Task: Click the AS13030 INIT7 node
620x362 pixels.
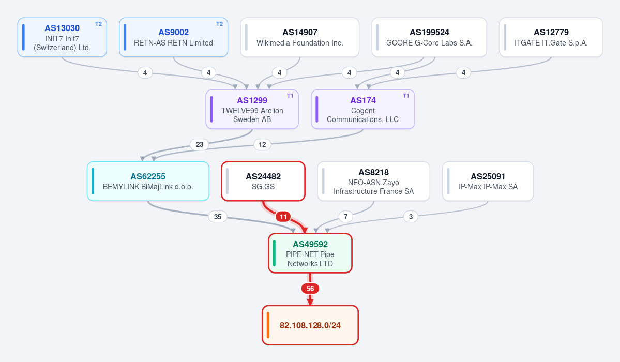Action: [62, 37]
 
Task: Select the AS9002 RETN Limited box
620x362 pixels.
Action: [174, 37]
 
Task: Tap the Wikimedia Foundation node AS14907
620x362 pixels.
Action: [300, 37]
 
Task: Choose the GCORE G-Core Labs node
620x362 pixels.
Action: [429, 37]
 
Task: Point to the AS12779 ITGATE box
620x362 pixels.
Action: [551, 37]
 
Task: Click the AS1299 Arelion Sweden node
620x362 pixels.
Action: [252, 109]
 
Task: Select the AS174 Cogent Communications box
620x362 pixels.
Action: [362, 109]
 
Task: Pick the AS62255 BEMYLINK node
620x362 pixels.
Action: [148, 181]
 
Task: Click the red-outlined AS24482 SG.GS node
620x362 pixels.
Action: [263, 181]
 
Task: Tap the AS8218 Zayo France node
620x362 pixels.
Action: [373, 181]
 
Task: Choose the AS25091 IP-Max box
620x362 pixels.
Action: [488, 181]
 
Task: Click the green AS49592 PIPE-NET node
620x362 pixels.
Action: [310, 253]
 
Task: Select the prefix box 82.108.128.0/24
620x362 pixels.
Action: [310, 325]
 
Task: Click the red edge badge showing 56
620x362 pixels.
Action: [310, 289]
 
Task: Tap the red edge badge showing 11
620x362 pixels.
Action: [283, 217]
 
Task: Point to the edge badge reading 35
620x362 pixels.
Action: [218, 217]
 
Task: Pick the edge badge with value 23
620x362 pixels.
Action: [199, 144]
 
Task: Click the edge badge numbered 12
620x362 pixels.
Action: [262, 144]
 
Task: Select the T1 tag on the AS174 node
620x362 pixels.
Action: [406, 96]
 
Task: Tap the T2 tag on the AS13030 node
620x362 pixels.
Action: [98, 24]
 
